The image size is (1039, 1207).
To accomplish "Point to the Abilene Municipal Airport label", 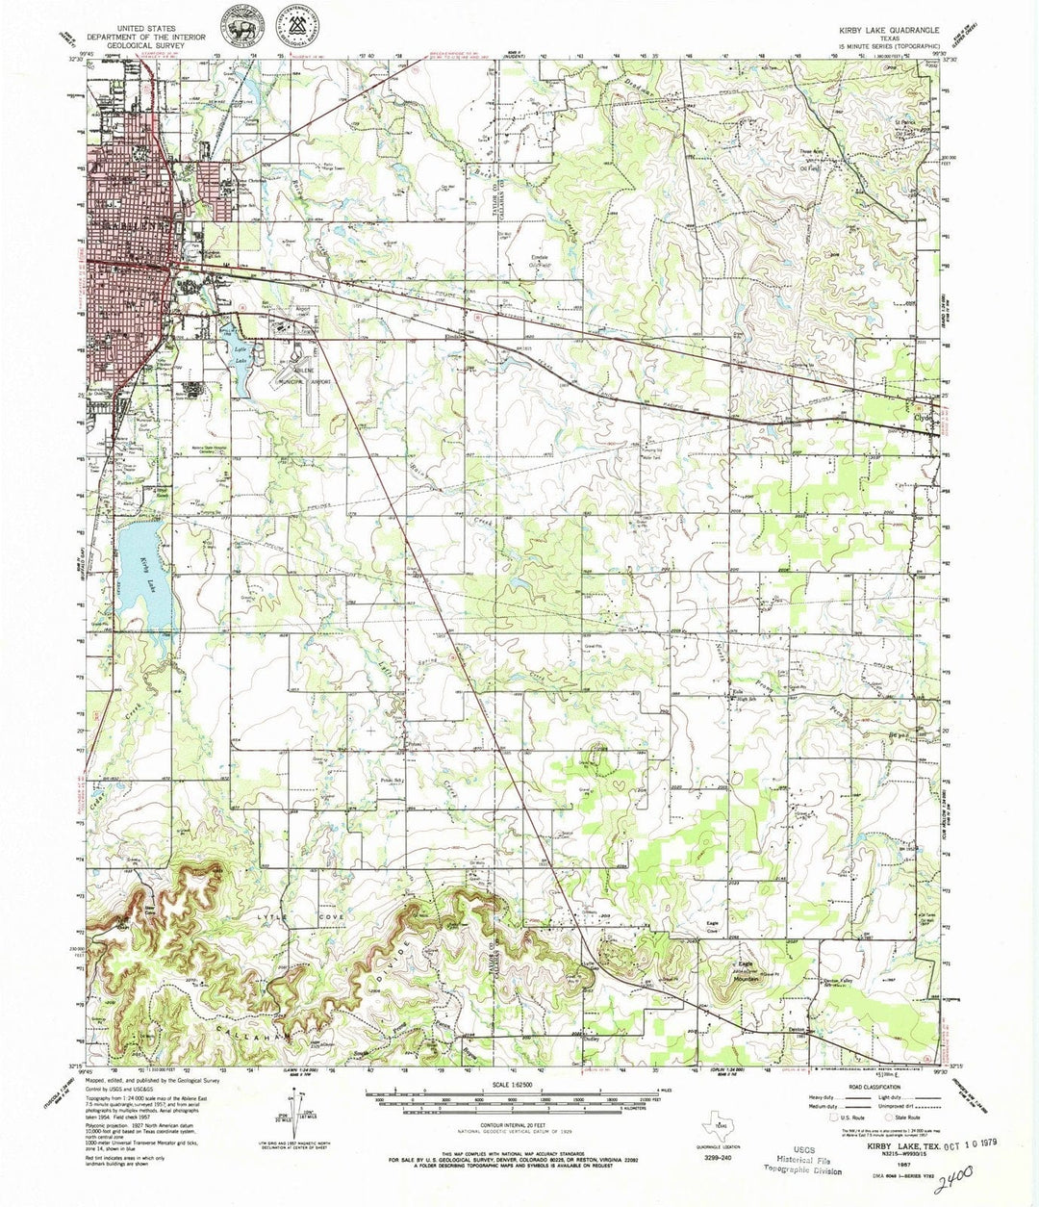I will (306, 378).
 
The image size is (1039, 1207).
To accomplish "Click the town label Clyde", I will (925, 418).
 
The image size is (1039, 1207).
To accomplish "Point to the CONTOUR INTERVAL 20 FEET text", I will (518, 1126).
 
